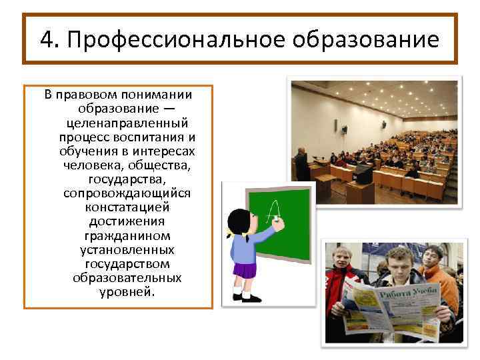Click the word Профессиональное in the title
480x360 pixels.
tap(159, 40)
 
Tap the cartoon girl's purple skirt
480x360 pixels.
tap(245, 270)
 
